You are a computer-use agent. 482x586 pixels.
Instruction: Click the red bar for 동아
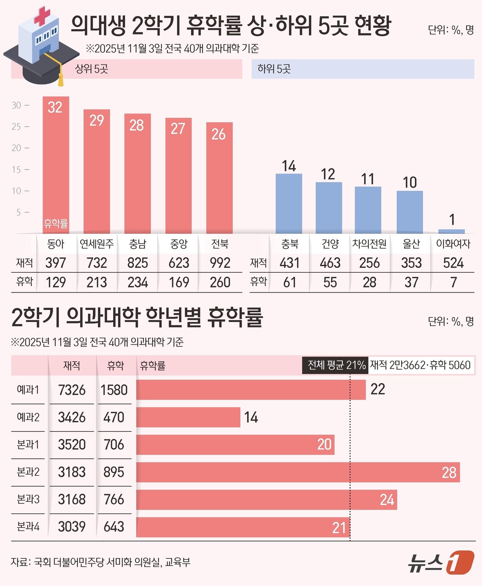tap(56, 165)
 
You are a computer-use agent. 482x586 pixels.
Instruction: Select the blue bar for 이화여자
tap(451, 231)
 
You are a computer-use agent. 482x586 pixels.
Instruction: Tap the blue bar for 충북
tap(289, 203)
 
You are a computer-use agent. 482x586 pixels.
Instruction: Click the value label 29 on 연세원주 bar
tap(97, 121)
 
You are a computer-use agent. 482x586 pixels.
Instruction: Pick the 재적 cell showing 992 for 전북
tap(220, 263)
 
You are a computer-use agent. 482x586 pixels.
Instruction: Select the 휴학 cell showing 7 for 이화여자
tap(453, 283)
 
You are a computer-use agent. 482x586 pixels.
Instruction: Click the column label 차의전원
tap(369, 244)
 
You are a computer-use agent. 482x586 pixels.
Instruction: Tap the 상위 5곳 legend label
tap(92, 69)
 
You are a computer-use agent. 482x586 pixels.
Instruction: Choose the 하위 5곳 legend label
tap(274, 69)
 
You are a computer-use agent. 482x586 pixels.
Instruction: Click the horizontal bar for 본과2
tap(298, 472)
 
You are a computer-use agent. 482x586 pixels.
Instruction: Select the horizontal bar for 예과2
tap(188, 417)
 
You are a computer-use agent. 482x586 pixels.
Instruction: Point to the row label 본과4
tap(28, 526)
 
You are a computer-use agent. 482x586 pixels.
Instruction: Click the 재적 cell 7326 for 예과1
tap(72, 390)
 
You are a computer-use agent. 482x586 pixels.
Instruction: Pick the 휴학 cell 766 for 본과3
tap(114, 499)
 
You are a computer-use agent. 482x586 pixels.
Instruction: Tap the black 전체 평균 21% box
tap(335, 365)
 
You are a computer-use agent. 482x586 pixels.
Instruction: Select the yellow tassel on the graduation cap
tap(61, 80)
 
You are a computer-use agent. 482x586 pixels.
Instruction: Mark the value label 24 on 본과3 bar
tap(387, 500)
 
